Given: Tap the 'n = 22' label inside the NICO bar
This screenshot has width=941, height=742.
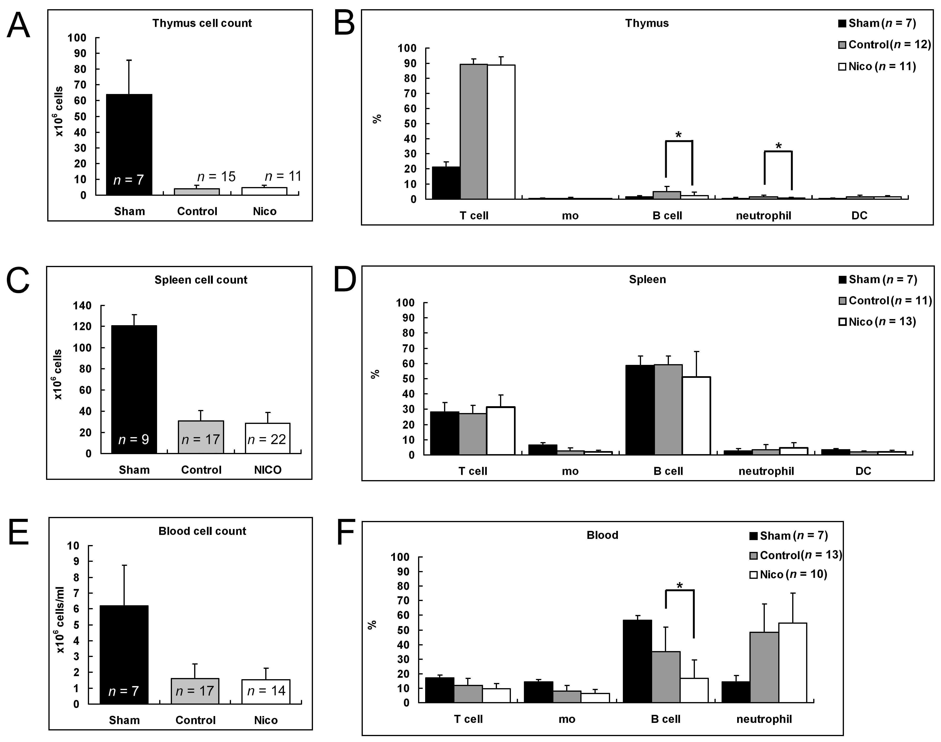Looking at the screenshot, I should (x=267, y=440).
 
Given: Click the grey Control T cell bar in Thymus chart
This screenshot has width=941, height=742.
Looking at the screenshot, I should (x=474, y=130).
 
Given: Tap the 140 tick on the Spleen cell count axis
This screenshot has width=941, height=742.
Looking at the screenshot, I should (x=82, y=306).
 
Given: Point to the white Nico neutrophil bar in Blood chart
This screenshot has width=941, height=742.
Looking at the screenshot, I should (x=792, y=662).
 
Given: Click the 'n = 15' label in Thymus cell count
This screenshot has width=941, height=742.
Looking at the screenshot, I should (x=216, y=177).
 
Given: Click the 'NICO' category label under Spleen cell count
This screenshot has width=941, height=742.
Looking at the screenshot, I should (x=268, y=470).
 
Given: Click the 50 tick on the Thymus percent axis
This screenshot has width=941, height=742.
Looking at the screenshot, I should (x=410, y=124).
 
